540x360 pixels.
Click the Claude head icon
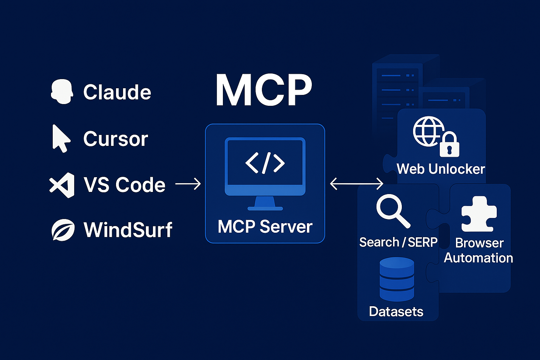62,91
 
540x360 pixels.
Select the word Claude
117,92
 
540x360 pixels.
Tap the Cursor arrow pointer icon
61,139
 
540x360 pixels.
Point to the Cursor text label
116,139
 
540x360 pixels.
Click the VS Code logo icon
62,185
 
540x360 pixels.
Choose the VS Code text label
124,185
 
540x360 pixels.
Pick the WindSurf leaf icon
63,230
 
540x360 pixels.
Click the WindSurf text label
128,230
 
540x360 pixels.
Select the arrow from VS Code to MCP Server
188,184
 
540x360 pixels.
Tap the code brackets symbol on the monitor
265,163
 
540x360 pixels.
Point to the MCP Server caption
265,227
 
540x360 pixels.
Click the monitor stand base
265,208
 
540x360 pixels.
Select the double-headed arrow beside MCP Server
356,184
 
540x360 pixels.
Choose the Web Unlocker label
441,169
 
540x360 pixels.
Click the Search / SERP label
398,242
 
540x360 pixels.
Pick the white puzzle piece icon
479,214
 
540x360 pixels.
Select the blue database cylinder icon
397,279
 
